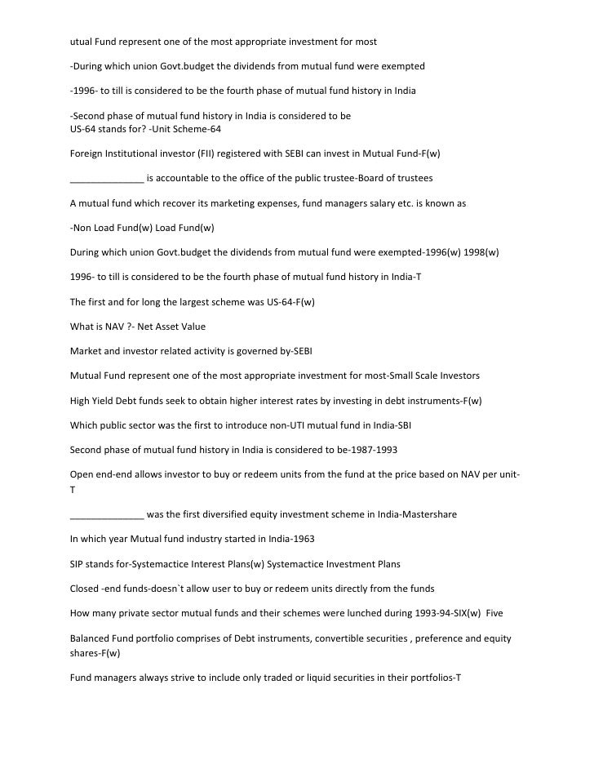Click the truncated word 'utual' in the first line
pyautogui.click(x=82, y=40)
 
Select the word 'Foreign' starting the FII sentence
pyautogui.click(x=87, y=153)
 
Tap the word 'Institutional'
pyautogui.click(x=136, y=153)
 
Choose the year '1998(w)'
pyautogui.click(x=482, y=252)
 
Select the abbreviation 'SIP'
pyautogui.click(x=78, y=564)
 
